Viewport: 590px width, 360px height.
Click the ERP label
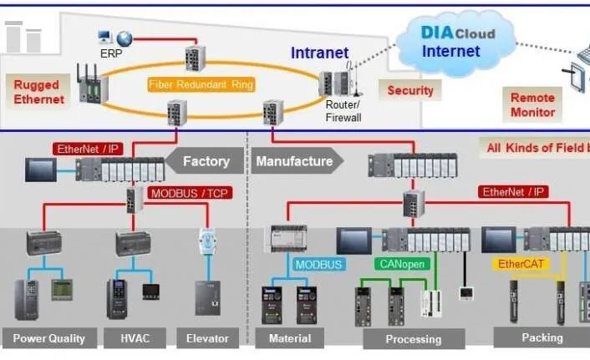click(110, 53)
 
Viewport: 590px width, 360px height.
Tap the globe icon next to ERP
click(125, 38)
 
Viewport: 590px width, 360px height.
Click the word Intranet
click(319, 53)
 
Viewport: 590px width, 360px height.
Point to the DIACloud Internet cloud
click(450, 42)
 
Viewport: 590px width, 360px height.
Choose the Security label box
click(410, 90)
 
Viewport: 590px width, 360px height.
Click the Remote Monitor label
click(532, 104)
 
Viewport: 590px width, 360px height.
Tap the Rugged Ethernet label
click(38, 92)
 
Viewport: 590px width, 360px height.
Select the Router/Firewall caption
click(343, 112)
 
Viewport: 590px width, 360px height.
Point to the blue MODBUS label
click(318, 264)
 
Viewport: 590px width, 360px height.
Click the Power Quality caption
click(49, 338)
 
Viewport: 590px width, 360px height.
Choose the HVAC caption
click(135, 338)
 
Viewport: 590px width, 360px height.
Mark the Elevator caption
click(207, 338)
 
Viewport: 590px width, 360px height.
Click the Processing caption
click(413, 339)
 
